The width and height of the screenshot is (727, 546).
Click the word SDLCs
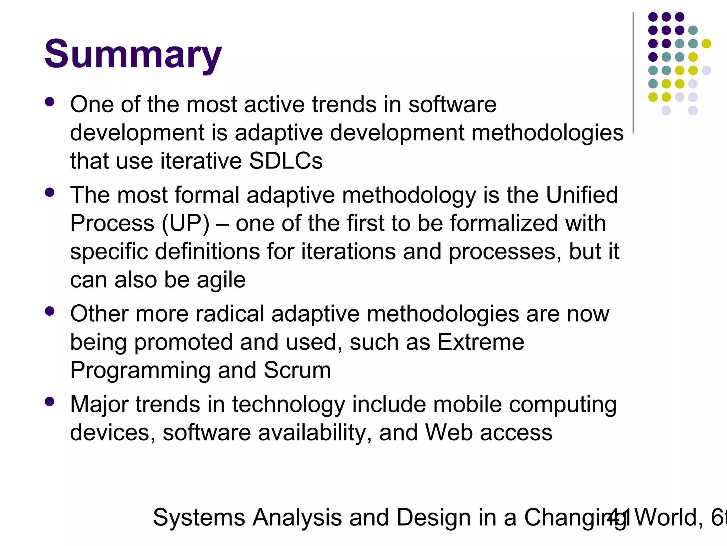click(x=286, y=161)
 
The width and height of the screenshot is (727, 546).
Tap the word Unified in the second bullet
click(x=582, y=195)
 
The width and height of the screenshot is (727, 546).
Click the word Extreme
click(x=481, y=342)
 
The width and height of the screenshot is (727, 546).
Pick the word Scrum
click(x=297, y=370)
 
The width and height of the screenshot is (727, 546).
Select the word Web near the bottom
click(x=449, y=433)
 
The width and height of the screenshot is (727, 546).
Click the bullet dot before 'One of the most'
click(x=50, y=102)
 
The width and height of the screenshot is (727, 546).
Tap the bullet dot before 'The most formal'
click(x=50, y=193)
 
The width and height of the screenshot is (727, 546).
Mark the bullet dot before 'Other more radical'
click(x=50, y=311)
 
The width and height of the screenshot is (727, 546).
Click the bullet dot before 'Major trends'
click(x=50, y=402)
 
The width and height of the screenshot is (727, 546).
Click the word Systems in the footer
click(x=199, y=518)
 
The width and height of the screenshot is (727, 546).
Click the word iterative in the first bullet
click(x=201, y=161)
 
